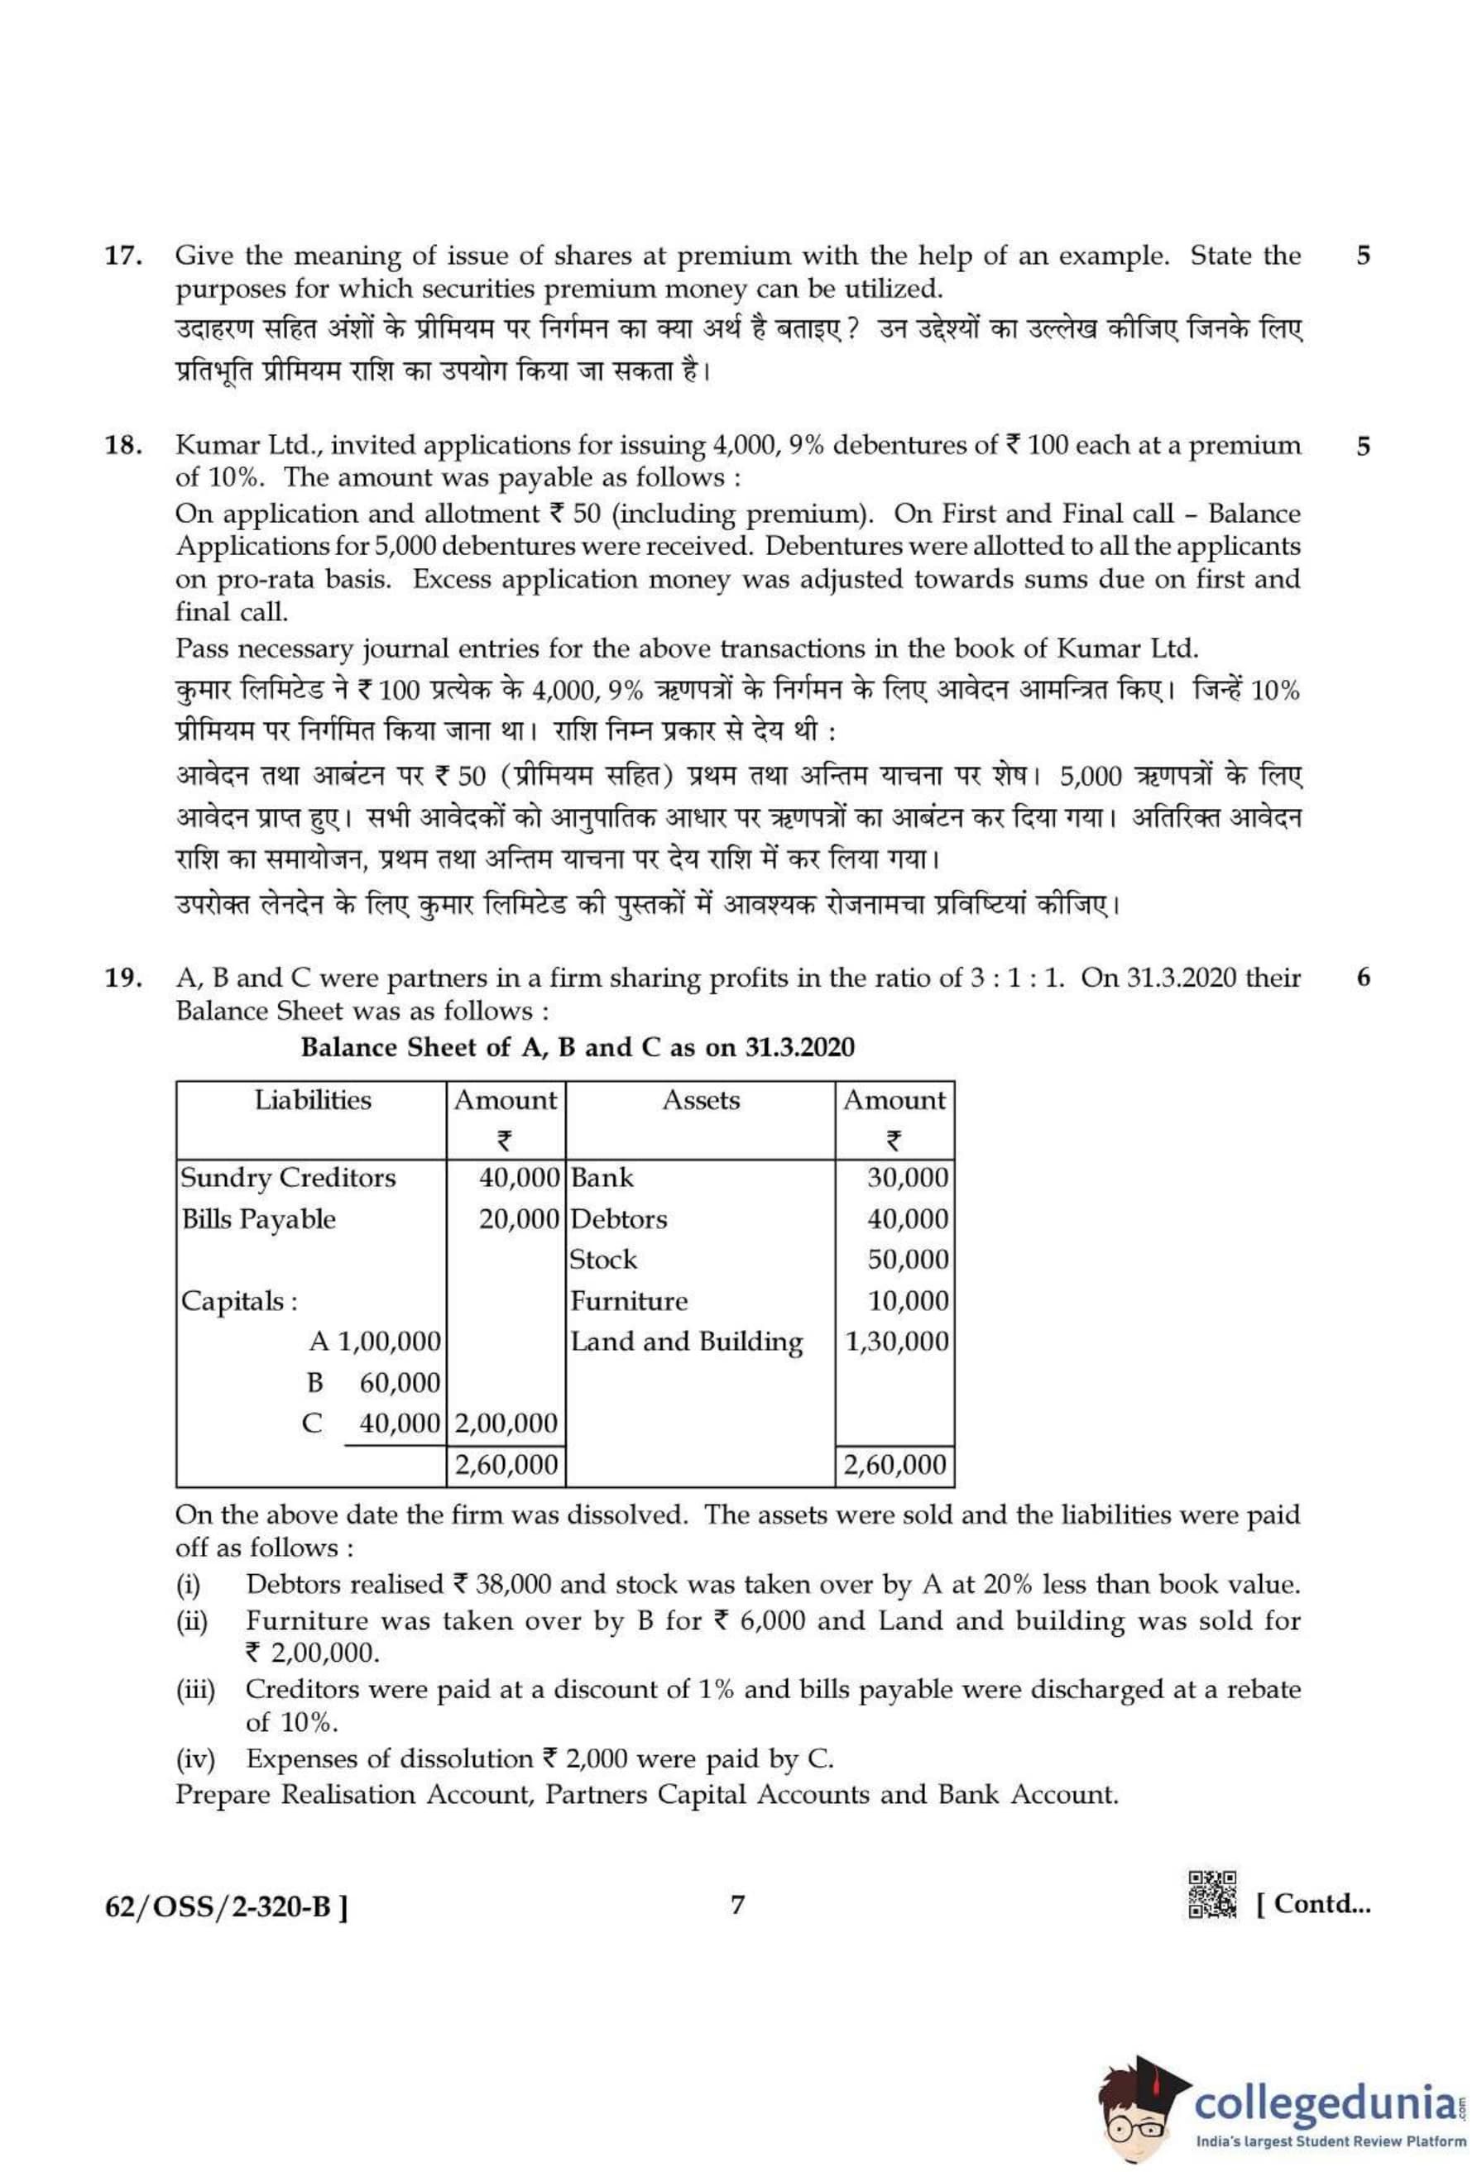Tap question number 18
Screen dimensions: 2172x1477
click(x=122, y=446)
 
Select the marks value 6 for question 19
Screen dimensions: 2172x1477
click(x=1363, y=978)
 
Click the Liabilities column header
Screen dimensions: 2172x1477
click(x=312, y=1100)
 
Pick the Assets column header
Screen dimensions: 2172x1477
click(x=700, y=1100)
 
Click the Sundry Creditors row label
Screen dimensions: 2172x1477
click(x=288, y=1178)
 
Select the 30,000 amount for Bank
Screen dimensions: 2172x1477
click(x=907, y=1178)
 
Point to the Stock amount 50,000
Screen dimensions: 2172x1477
click(x=907, y=1260)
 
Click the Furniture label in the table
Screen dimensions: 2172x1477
click(x=628, y=1301)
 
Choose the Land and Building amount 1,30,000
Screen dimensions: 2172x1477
click(x=895, y=1342)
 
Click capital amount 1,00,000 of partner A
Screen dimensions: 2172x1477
click(x=388, y=1342)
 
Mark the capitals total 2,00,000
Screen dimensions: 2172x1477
click(x=506, y=1423)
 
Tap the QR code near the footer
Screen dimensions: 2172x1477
click(x=1211, y=1893)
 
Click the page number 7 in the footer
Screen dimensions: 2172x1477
click(x=737, y=1904)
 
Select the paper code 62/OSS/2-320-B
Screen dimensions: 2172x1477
click(x=226, y=1906)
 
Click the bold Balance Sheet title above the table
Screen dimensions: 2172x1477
click(x=577, y=1047)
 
